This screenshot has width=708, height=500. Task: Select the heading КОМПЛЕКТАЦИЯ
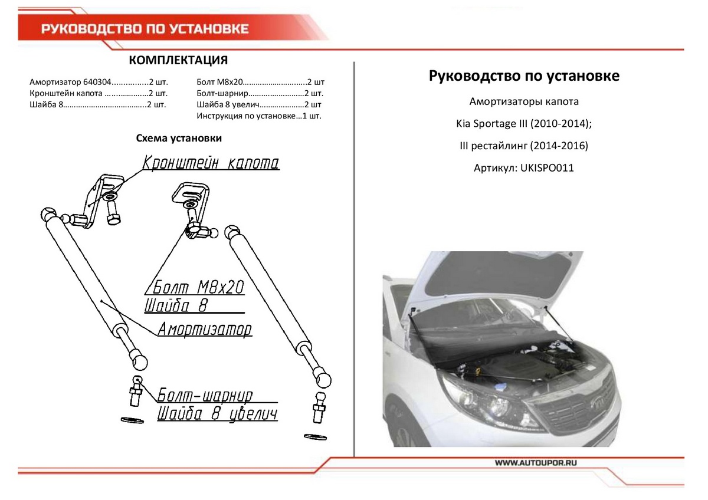[178, 61]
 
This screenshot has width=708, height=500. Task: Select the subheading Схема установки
[179, 139]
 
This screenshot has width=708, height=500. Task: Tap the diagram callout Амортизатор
[204, 329]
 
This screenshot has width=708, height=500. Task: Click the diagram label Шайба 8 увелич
[217, 414]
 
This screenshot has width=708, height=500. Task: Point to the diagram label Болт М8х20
[195, 288]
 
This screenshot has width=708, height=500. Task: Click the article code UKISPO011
[546, 168]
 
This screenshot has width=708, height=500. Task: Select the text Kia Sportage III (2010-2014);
[523, 124]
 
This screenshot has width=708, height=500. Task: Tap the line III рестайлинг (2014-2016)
[523, 146]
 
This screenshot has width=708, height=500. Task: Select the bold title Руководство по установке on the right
[524, 76]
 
